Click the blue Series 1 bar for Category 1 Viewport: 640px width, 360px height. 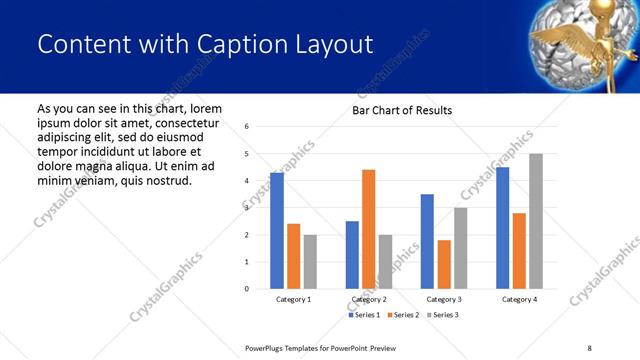277,231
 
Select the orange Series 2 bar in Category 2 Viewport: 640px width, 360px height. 369,229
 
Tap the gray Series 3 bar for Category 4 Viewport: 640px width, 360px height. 536,221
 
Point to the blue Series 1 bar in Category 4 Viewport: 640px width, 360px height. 502,228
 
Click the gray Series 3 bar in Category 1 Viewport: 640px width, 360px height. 310,262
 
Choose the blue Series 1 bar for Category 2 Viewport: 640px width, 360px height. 352,255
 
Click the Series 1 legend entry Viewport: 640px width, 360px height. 363,315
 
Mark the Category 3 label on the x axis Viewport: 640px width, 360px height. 444,300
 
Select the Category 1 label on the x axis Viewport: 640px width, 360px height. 293,300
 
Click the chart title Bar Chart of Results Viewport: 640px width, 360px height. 402,110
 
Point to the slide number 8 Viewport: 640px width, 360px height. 587,346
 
